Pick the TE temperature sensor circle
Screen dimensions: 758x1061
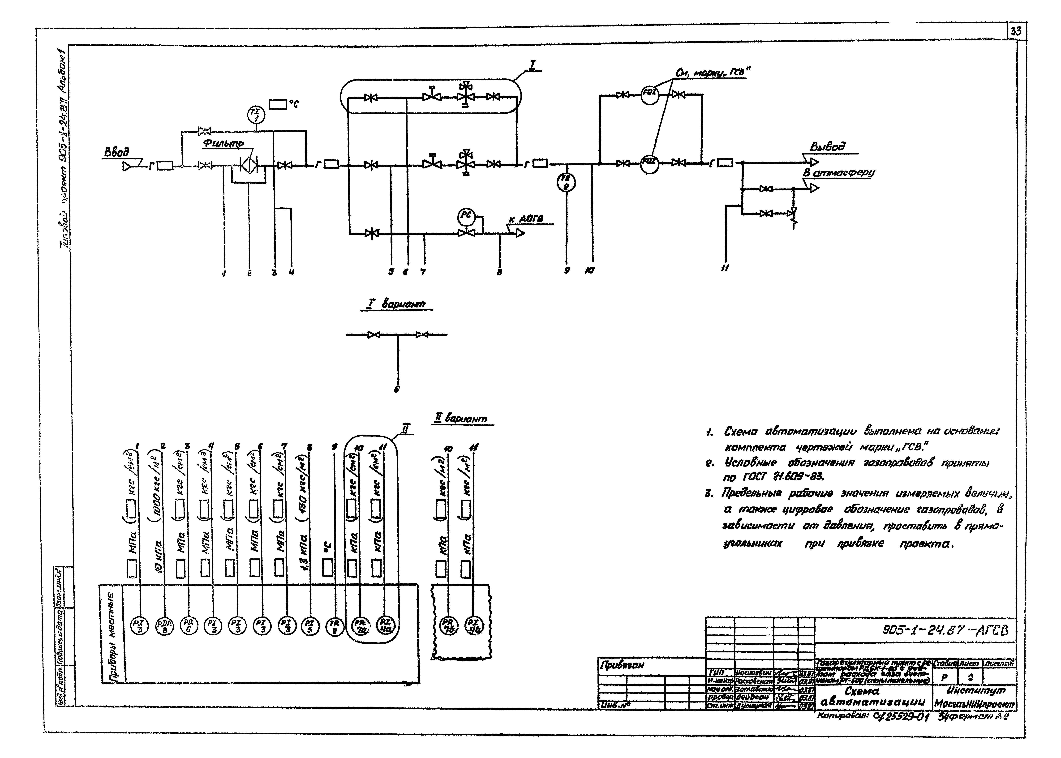[x=567, y=183]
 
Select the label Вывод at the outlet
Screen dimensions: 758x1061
[x=827, y=147]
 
